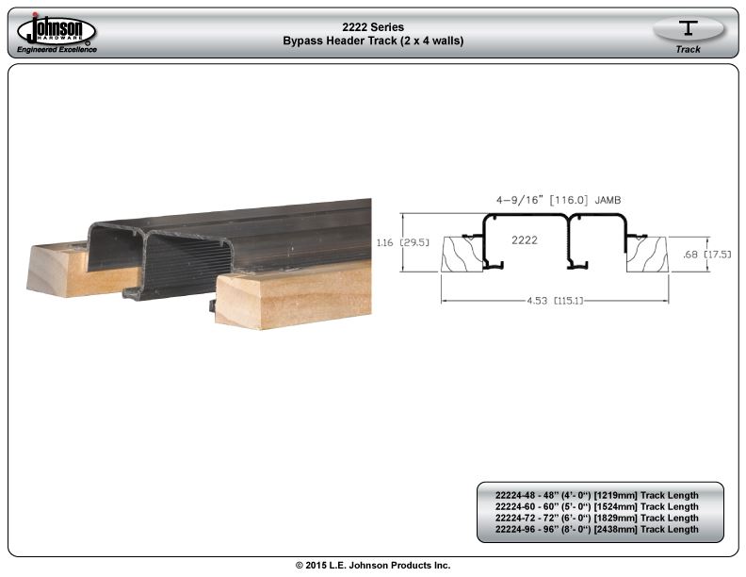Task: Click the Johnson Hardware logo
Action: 57,29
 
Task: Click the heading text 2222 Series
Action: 373,27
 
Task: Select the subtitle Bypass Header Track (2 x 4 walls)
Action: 373,41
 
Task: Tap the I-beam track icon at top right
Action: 688,28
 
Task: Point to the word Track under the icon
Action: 688,50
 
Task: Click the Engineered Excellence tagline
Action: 57,50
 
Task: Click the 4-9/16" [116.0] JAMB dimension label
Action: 559,201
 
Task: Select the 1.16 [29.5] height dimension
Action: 402,243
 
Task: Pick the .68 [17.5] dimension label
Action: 707,255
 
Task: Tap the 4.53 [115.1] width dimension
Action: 555,301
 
